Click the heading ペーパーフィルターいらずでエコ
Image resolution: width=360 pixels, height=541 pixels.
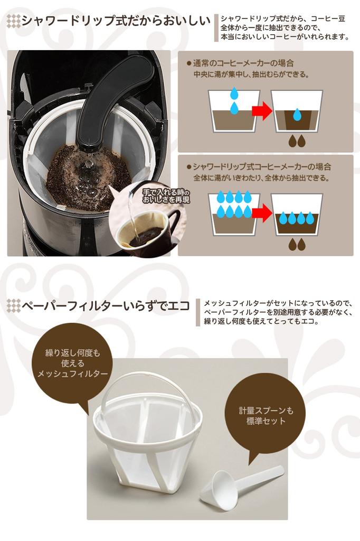pos(106,306)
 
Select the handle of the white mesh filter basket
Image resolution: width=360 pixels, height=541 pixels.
pos(147,388)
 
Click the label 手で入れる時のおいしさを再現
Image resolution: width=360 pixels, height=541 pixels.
pos(165,196)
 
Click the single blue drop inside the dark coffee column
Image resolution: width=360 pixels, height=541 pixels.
pos(297,114)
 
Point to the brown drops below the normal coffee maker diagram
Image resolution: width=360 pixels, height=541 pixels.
pos(297,141)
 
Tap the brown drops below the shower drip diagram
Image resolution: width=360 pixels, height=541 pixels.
pos(297,244)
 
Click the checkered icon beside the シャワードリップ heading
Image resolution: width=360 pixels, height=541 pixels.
pos(13,22)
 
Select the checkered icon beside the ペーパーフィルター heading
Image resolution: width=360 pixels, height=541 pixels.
pos(13,306)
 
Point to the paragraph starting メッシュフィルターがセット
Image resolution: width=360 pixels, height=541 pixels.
pos(277,312)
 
